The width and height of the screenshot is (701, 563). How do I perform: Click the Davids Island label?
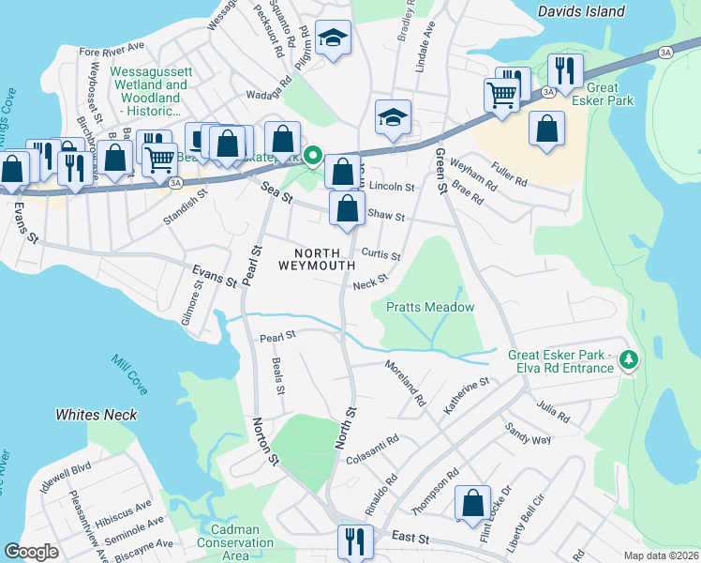581,12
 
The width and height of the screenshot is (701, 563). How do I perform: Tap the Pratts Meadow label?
430,307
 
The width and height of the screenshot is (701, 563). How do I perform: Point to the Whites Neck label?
97,415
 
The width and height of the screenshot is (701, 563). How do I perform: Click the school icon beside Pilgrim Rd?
333,38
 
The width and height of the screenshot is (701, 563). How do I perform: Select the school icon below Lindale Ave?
393,118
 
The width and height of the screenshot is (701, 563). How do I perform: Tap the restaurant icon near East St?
355,541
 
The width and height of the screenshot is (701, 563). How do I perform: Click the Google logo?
32,552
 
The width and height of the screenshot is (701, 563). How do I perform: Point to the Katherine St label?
467,396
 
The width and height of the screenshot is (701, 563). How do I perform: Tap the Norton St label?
264,445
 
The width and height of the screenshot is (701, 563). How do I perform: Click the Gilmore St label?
192,308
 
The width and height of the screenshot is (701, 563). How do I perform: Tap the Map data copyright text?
663,555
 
